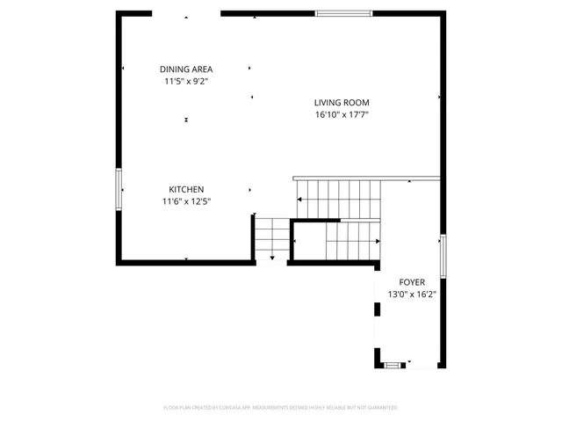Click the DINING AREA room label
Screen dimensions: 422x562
pos(185,69)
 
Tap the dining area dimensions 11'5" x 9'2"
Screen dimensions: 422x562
pos(185,82)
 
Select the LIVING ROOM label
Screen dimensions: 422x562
pos(342,102)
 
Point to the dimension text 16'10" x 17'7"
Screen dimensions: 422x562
pos(342,114)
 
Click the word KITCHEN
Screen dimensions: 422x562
pos(186,189)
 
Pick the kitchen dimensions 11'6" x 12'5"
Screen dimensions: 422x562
pos(186,201)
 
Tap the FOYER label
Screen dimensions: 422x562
pos(412,282)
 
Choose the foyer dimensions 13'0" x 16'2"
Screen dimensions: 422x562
pos(412,295)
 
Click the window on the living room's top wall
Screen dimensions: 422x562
pos(342,13)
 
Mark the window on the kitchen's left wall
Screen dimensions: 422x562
pos(119,187)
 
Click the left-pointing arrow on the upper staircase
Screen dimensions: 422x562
pos(300,200)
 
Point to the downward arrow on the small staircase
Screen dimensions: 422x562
pos(271,257)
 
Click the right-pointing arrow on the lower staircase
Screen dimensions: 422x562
pos(378,240)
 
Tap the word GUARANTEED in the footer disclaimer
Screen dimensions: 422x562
pos(381,408)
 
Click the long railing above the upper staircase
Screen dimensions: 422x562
pos(365,178)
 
